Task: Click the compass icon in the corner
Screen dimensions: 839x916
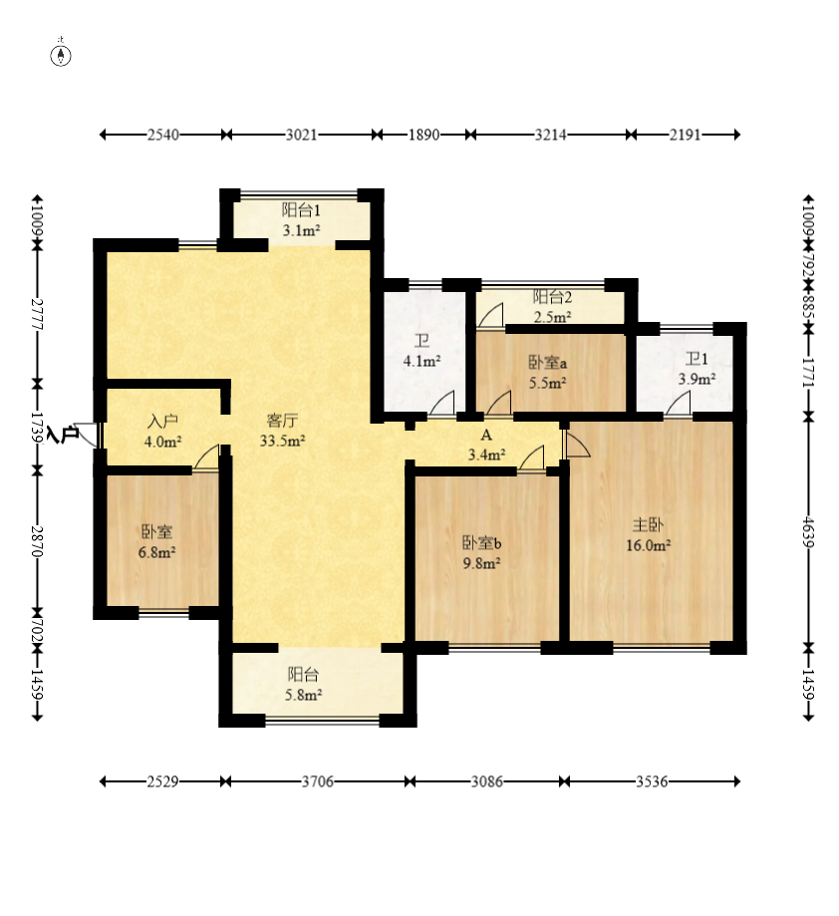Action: click(61, 56)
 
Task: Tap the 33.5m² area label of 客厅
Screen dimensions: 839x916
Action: click(283, 441)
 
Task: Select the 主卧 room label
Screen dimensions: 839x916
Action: click(648, 524)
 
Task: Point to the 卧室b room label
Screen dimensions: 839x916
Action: click(481, 542)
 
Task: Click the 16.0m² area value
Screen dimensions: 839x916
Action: click(648, 545)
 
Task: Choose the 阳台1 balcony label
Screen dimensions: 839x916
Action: click(301, 209)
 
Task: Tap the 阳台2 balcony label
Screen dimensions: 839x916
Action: click(552, 297)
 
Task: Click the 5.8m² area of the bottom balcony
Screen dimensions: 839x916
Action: click(304, 695)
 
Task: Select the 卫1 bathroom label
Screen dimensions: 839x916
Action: click(697, 358)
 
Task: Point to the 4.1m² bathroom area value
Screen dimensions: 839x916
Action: click(421, 361)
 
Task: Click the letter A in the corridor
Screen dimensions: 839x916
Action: click(486, 436)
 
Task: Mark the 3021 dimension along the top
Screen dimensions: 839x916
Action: click(301, 135)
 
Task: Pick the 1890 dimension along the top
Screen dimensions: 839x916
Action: click(423, 135)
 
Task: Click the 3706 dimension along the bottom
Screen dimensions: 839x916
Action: click(318, 781)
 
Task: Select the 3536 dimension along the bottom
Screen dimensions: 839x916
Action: click(652, 781)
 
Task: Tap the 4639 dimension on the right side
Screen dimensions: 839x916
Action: click(809, 531)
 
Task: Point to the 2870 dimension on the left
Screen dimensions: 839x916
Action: click(38, 541)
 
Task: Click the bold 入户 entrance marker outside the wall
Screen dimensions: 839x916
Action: click(63, 434)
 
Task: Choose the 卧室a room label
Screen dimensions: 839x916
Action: click(548, 363)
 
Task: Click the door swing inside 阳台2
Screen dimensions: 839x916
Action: click(490, 316)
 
